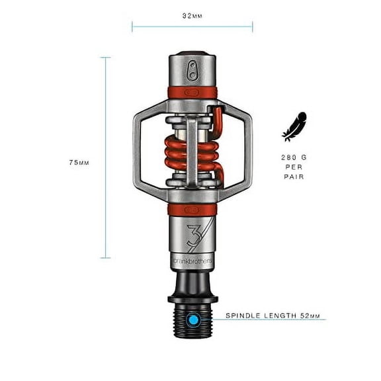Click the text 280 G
pyautogui.click(x=291, y=159)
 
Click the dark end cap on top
pyautogui.click(x=192, y=56)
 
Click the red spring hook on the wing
pyautogui.click(x=216, y=117)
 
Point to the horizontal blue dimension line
pyautogui.click(x=192, y=26)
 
